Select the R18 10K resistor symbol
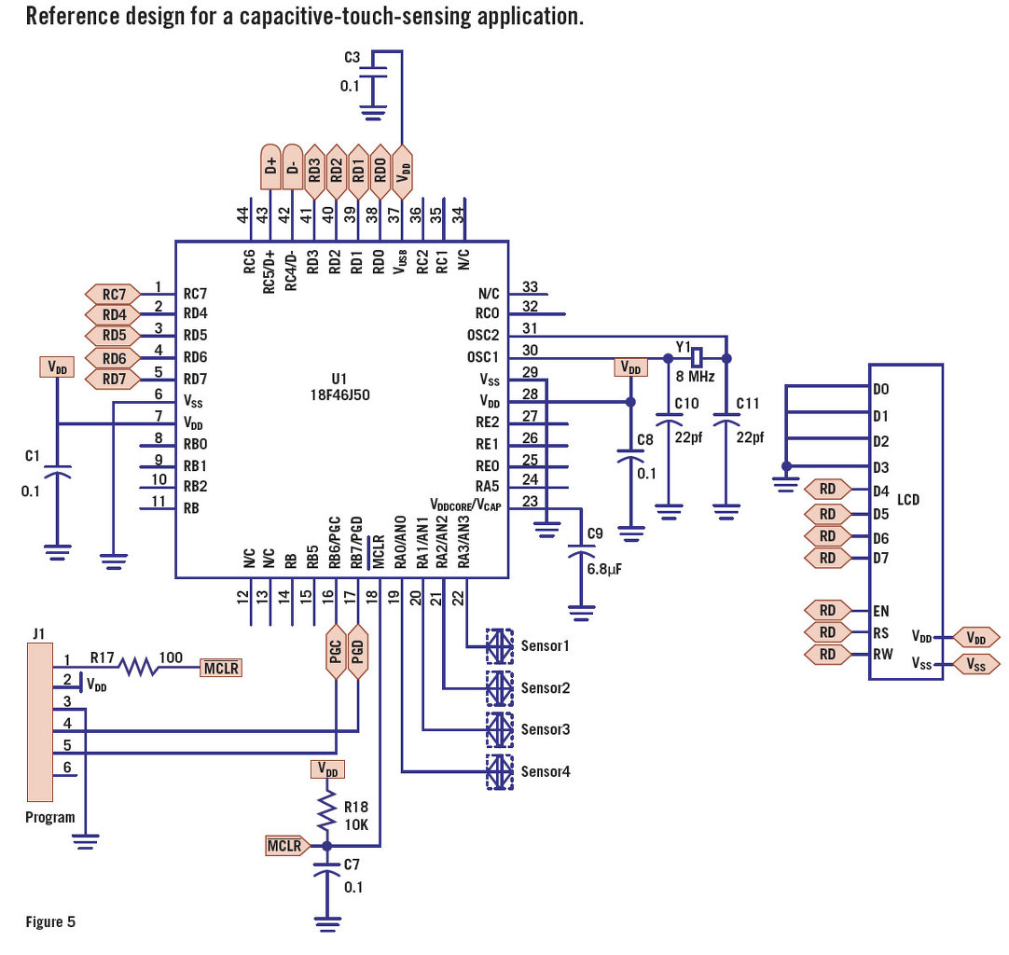coord(326,813)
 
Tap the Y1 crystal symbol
coord(696,357)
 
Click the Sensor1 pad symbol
coord(500,645)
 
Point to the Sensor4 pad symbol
coord(500,771)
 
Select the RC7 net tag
coord(114,293)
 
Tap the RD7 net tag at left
coord(114,380)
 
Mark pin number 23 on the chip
coord(530,500)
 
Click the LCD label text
coord(907,500)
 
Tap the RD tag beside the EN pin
coord(827,611)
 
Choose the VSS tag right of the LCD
coord(975,665)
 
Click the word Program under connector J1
coord(50,817)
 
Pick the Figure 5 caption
coord(50,922)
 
